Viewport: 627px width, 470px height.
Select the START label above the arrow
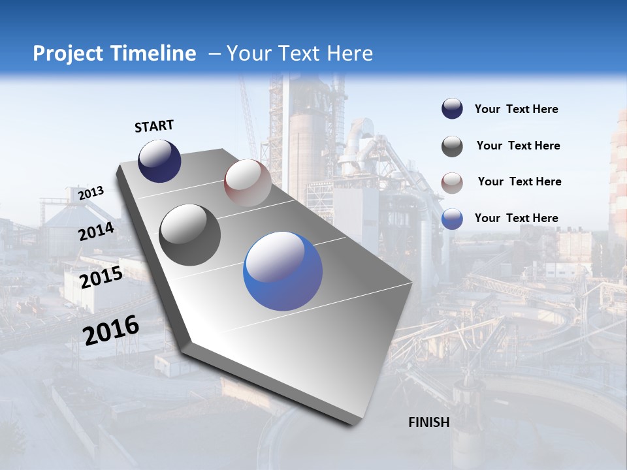coord(154,126)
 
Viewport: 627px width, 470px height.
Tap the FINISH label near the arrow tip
coord(429,422)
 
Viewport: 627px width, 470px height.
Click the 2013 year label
coord(91,193)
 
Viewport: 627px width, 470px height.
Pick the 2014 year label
coord(97,231)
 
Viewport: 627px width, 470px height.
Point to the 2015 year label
coord(101,277)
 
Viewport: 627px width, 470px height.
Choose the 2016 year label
coord(111,330)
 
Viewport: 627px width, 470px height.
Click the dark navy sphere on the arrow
coord(159,161)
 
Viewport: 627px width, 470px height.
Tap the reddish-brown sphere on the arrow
coord(248,183)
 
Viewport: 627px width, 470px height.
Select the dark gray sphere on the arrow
coord(190,235)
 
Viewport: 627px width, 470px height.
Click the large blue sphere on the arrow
coord(283,271)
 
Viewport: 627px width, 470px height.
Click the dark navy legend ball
coord(452,109)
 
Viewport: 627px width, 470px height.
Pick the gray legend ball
coord(452,146)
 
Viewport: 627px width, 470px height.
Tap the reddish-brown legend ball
coord(452,183)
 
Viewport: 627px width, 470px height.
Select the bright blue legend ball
coord(452,219)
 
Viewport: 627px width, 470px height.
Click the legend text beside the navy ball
coord(516,110)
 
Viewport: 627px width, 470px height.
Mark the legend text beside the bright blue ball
coord(516,218)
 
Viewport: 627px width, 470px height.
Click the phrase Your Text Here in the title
coord(299,54)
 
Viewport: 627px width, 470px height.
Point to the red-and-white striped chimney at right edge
coord(618,176)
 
